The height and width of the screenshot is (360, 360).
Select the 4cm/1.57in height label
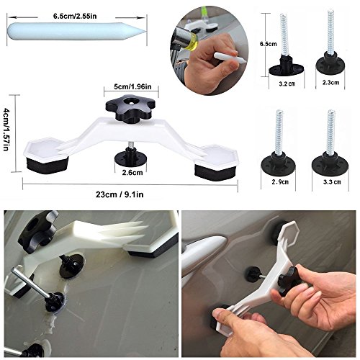(8, 134)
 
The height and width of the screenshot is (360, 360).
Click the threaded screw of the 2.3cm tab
(333, 36)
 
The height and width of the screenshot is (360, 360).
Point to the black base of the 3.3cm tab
(332, 162)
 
